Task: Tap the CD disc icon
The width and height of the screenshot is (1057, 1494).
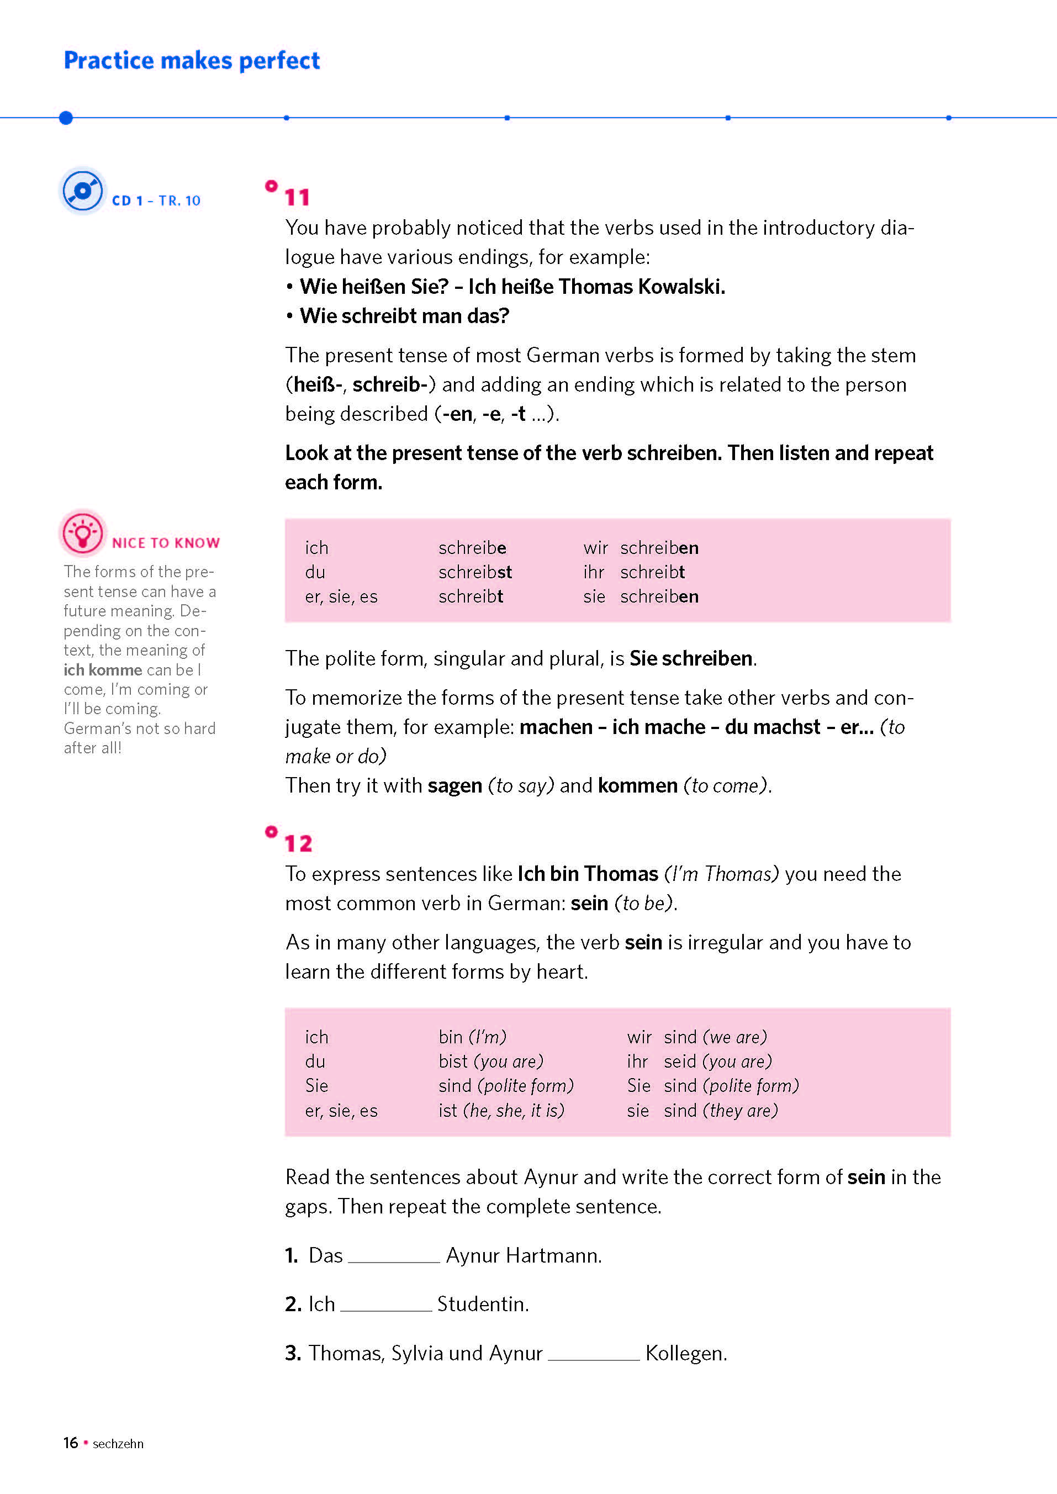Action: [82, 190]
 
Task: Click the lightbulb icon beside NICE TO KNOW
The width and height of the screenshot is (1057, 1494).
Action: [82, 533]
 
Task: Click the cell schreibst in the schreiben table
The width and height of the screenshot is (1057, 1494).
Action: [474, 572]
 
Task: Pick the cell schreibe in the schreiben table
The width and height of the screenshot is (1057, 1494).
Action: [472, 548]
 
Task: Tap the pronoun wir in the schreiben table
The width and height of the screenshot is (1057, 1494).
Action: [595, 548]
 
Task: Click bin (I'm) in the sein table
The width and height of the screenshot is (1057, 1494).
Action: [472, 1037]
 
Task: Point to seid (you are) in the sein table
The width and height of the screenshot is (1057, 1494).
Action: [717, 1062]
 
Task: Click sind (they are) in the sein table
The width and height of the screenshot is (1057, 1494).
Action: [721, 1111]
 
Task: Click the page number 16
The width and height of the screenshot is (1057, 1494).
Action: [70, 1443]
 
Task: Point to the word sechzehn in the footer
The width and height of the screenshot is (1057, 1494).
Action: [118, 1444]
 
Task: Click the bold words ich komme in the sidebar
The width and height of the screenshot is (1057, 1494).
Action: [103, 670]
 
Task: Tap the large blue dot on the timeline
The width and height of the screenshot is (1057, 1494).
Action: [66, 118]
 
